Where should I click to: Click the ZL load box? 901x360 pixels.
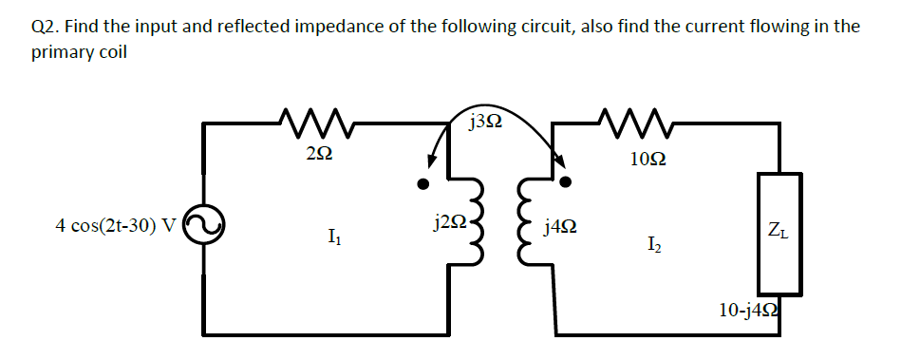point(779,233)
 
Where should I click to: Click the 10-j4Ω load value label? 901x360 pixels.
point(751,309)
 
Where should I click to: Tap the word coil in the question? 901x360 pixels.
point(106,52)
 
